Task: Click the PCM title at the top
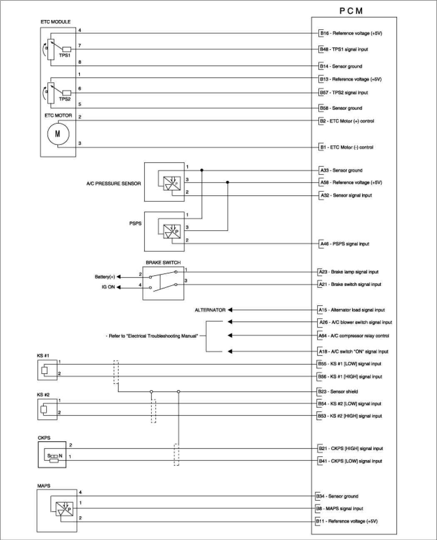(351, 11)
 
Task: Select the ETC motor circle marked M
(57, 134)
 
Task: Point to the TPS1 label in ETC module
(64, 55)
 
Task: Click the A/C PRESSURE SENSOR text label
(113, 183)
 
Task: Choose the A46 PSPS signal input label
(344, 244)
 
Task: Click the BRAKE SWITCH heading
(163, 263)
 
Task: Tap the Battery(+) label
(104, 277)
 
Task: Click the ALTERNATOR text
(210, 310)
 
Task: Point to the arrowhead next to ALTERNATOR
(230, 310)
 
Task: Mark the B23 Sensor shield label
(338, 392)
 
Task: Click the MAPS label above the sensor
(44, 485)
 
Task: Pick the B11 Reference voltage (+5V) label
(347, 521)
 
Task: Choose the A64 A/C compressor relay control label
(354, 336)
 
